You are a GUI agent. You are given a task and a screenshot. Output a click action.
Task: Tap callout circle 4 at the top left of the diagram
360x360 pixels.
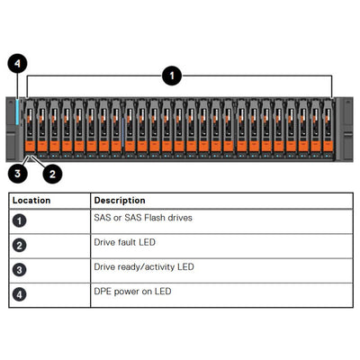19,64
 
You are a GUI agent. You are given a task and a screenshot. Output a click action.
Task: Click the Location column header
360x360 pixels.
32,200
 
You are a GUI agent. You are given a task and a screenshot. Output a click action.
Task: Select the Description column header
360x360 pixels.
120,200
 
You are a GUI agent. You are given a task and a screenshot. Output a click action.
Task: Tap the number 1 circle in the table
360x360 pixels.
20,220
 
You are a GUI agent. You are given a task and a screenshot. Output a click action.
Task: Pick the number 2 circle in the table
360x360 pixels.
20,244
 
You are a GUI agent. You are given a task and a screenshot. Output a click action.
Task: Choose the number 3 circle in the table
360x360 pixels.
20,269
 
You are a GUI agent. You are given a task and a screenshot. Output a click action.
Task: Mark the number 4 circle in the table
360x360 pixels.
20,293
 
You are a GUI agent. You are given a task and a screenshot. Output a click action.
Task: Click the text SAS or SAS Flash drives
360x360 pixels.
142,218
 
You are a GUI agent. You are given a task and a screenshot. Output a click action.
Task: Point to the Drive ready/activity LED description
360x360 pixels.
144,267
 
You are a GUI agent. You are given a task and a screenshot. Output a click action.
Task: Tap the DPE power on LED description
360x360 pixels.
132,292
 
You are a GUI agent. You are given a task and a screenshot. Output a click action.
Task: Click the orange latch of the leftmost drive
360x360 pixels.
31,144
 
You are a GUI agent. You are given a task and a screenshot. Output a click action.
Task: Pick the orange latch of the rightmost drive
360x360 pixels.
328,144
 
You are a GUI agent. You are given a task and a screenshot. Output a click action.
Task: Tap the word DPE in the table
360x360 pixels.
103,292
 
